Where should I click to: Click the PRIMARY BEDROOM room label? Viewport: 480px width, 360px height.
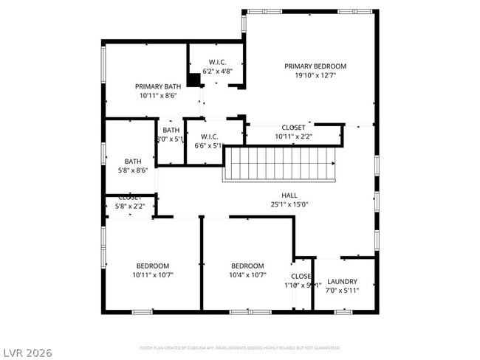pos(315,66)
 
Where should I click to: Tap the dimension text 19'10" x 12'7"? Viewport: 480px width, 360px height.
pos(315,75)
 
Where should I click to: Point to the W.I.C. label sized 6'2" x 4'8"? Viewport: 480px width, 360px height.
pos(217,62)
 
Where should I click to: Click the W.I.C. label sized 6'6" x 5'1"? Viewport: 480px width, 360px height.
pos(208,136)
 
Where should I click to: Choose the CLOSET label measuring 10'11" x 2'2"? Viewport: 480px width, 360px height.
pos(293,128)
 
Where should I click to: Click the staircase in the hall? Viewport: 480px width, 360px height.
pos(279,164)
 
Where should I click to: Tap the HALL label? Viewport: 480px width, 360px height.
pos(289,195)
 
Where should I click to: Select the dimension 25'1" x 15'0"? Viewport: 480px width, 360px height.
pos(289,204)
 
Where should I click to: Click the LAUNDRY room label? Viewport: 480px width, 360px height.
pos(343,281)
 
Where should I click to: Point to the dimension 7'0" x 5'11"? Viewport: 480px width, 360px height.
pos(343,290)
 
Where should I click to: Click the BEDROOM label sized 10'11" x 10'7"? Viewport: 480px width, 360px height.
pos(152,266)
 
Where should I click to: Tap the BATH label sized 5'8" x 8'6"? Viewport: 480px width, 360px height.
pos(132,162)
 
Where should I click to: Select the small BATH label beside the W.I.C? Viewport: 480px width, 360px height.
pos(171,131)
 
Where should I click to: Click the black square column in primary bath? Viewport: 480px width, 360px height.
pos(194,80)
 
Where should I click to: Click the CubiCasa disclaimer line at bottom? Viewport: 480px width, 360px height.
pos(239,347)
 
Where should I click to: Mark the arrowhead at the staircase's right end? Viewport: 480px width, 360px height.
pos(333,164)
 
